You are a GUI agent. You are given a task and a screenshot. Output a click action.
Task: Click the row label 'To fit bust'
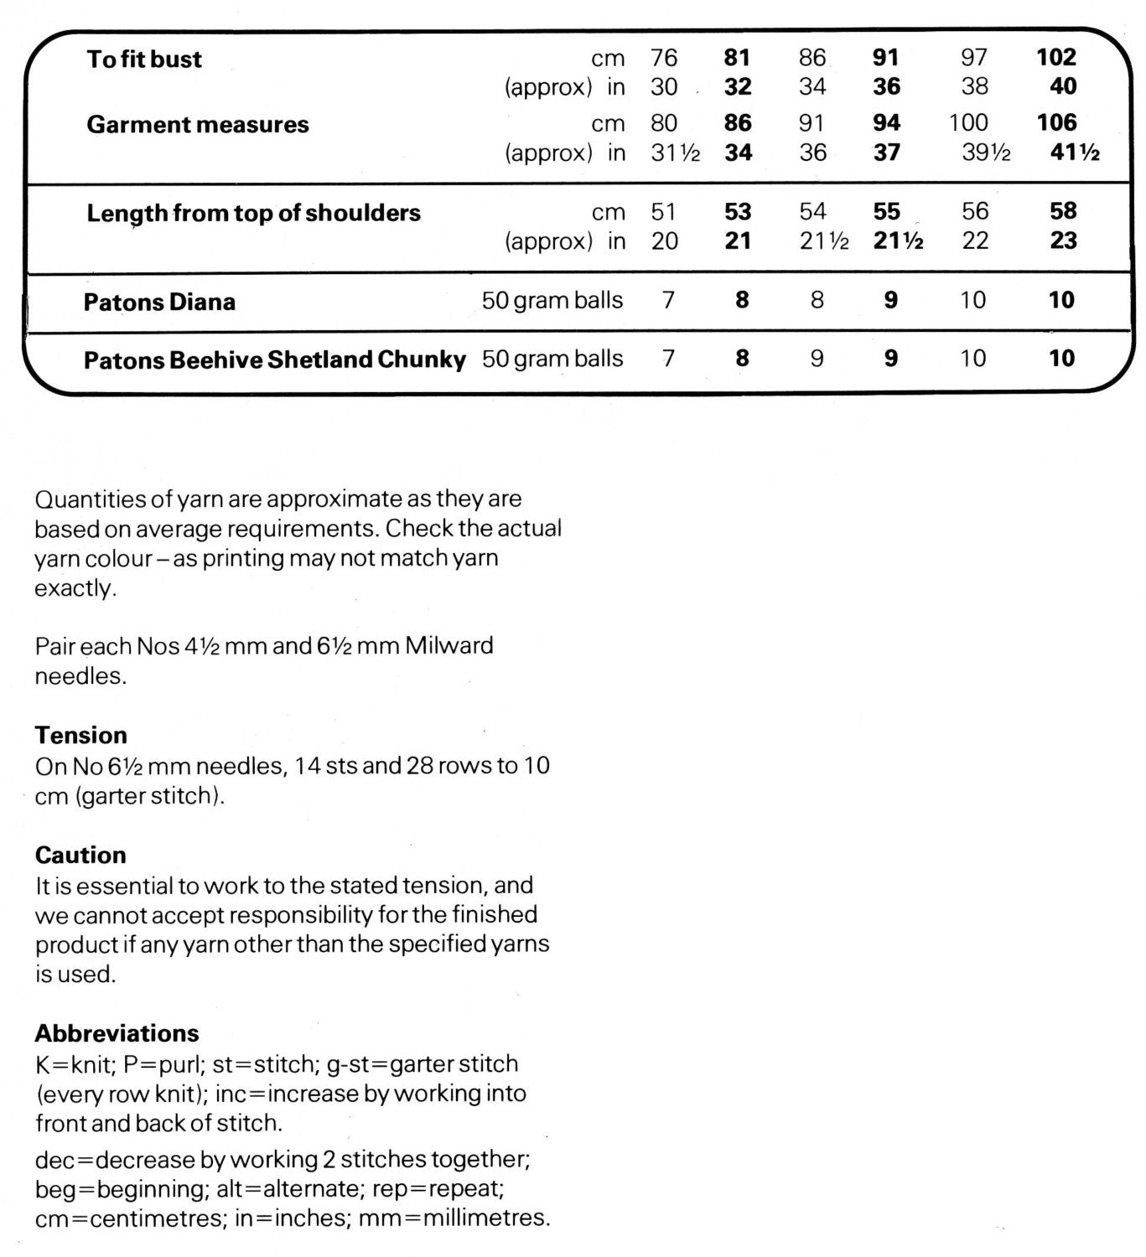[144, 59]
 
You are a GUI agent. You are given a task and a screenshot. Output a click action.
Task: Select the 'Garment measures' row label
[197, 125]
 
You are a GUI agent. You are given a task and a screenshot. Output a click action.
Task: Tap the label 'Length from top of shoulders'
[253, 213]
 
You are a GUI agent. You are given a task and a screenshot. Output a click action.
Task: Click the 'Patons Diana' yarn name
[159, 302]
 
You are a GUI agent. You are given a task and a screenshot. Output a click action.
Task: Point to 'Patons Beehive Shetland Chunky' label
[274, 360]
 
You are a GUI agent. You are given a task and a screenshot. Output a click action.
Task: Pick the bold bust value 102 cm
[1055, 57]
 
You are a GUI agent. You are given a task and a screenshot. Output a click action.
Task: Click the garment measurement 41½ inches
[1075, 153]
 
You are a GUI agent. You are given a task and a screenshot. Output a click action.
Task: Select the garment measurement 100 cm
[968, 123]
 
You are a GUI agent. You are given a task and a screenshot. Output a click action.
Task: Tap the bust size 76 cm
[663, 58]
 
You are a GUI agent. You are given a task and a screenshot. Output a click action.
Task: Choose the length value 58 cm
[1063, 211]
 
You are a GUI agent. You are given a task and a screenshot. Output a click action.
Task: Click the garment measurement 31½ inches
[675, 153]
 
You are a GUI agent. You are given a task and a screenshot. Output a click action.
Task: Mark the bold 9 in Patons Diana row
[890, 300]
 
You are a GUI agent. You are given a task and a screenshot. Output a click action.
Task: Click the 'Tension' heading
[80, 736]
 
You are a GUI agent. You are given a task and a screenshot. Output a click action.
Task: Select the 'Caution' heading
[80, 856]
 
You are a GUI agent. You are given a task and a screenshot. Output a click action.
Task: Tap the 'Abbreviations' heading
[117, 1033]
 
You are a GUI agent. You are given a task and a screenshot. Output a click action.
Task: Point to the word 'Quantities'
[90, 499]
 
